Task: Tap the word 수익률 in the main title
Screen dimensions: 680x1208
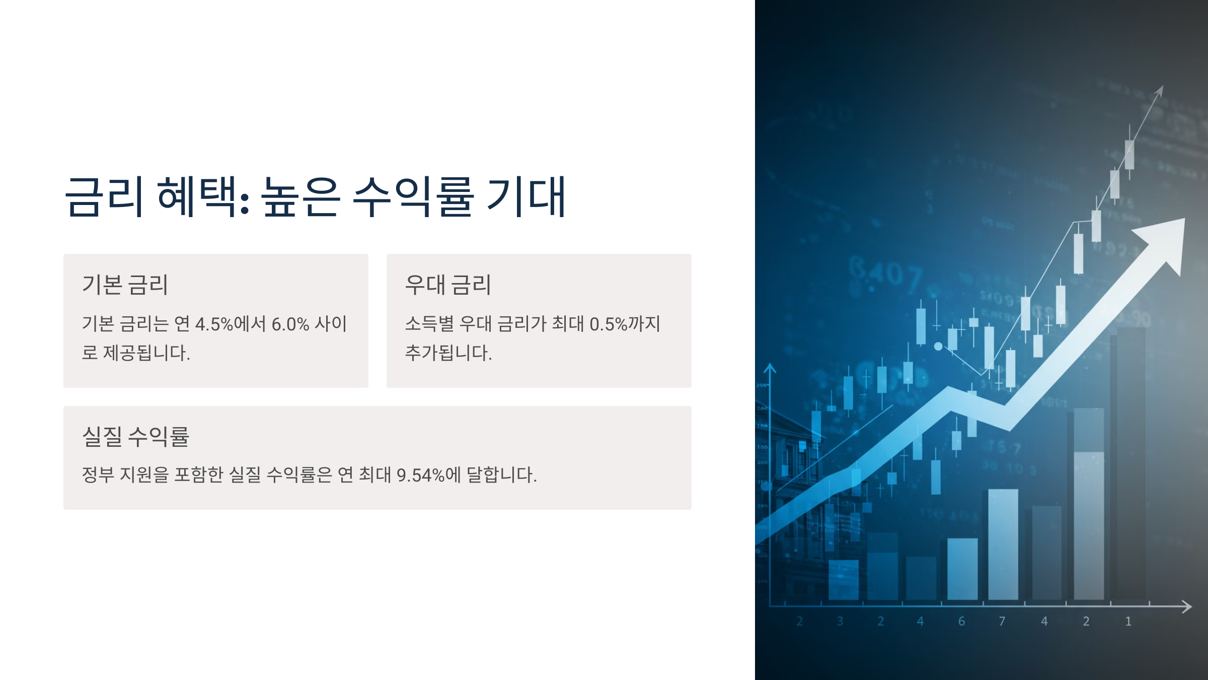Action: click(413, 197)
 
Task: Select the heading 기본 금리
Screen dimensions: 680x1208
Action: click(125, 285)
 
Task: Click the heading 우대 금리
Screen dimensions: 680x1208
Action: click(448, 285)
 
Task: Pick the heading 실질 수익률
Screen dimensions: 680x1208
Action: click(135, 436)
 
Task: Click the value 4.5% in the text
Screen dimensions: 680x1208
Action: click(214, 324)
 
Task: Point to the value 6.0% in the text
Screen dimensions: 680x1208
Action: click(290, 324)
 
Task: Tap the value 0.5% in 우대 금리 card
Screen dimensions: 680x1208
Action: click(608, 324)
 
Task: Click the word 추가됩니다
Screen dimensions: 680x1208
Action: click(448, 353)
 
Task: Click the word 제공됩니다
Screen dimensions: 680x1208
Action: click(146, 353)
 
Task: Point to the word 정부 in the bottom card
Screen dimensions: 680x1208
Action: click(98, 474)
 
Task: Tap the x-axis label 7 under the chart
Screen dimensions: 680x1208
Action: click(1002, 621)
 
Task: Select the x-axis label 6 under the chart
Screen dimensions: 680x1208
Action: click(961, 621)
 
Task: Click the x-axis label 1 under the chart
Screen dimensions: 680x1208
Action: click(1128, 621)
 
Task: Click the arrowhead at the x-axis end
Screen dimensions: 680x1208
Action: click(1186, 606)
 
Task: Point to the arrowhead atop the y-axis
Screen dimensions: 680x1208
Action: click(770, 369)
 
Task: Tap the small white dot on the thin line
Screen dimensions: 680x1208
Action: click(938, 346)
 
